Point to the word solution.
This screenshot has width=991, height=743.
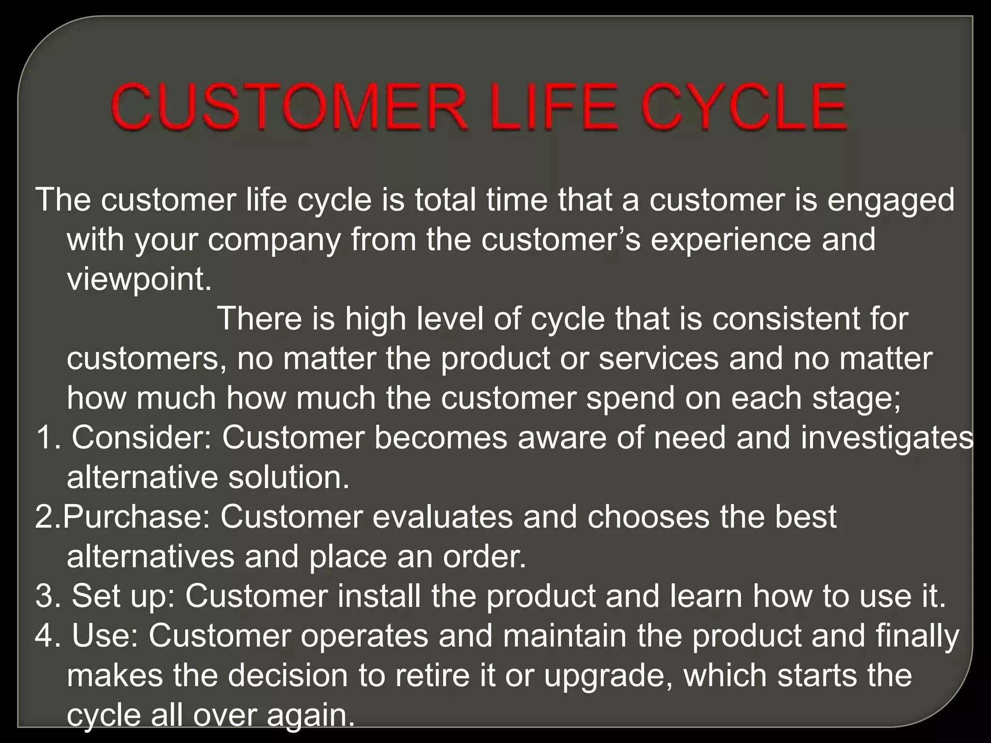[x=288, y=478]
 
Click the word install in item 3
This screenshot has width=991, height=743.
[x=379, y=596]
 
